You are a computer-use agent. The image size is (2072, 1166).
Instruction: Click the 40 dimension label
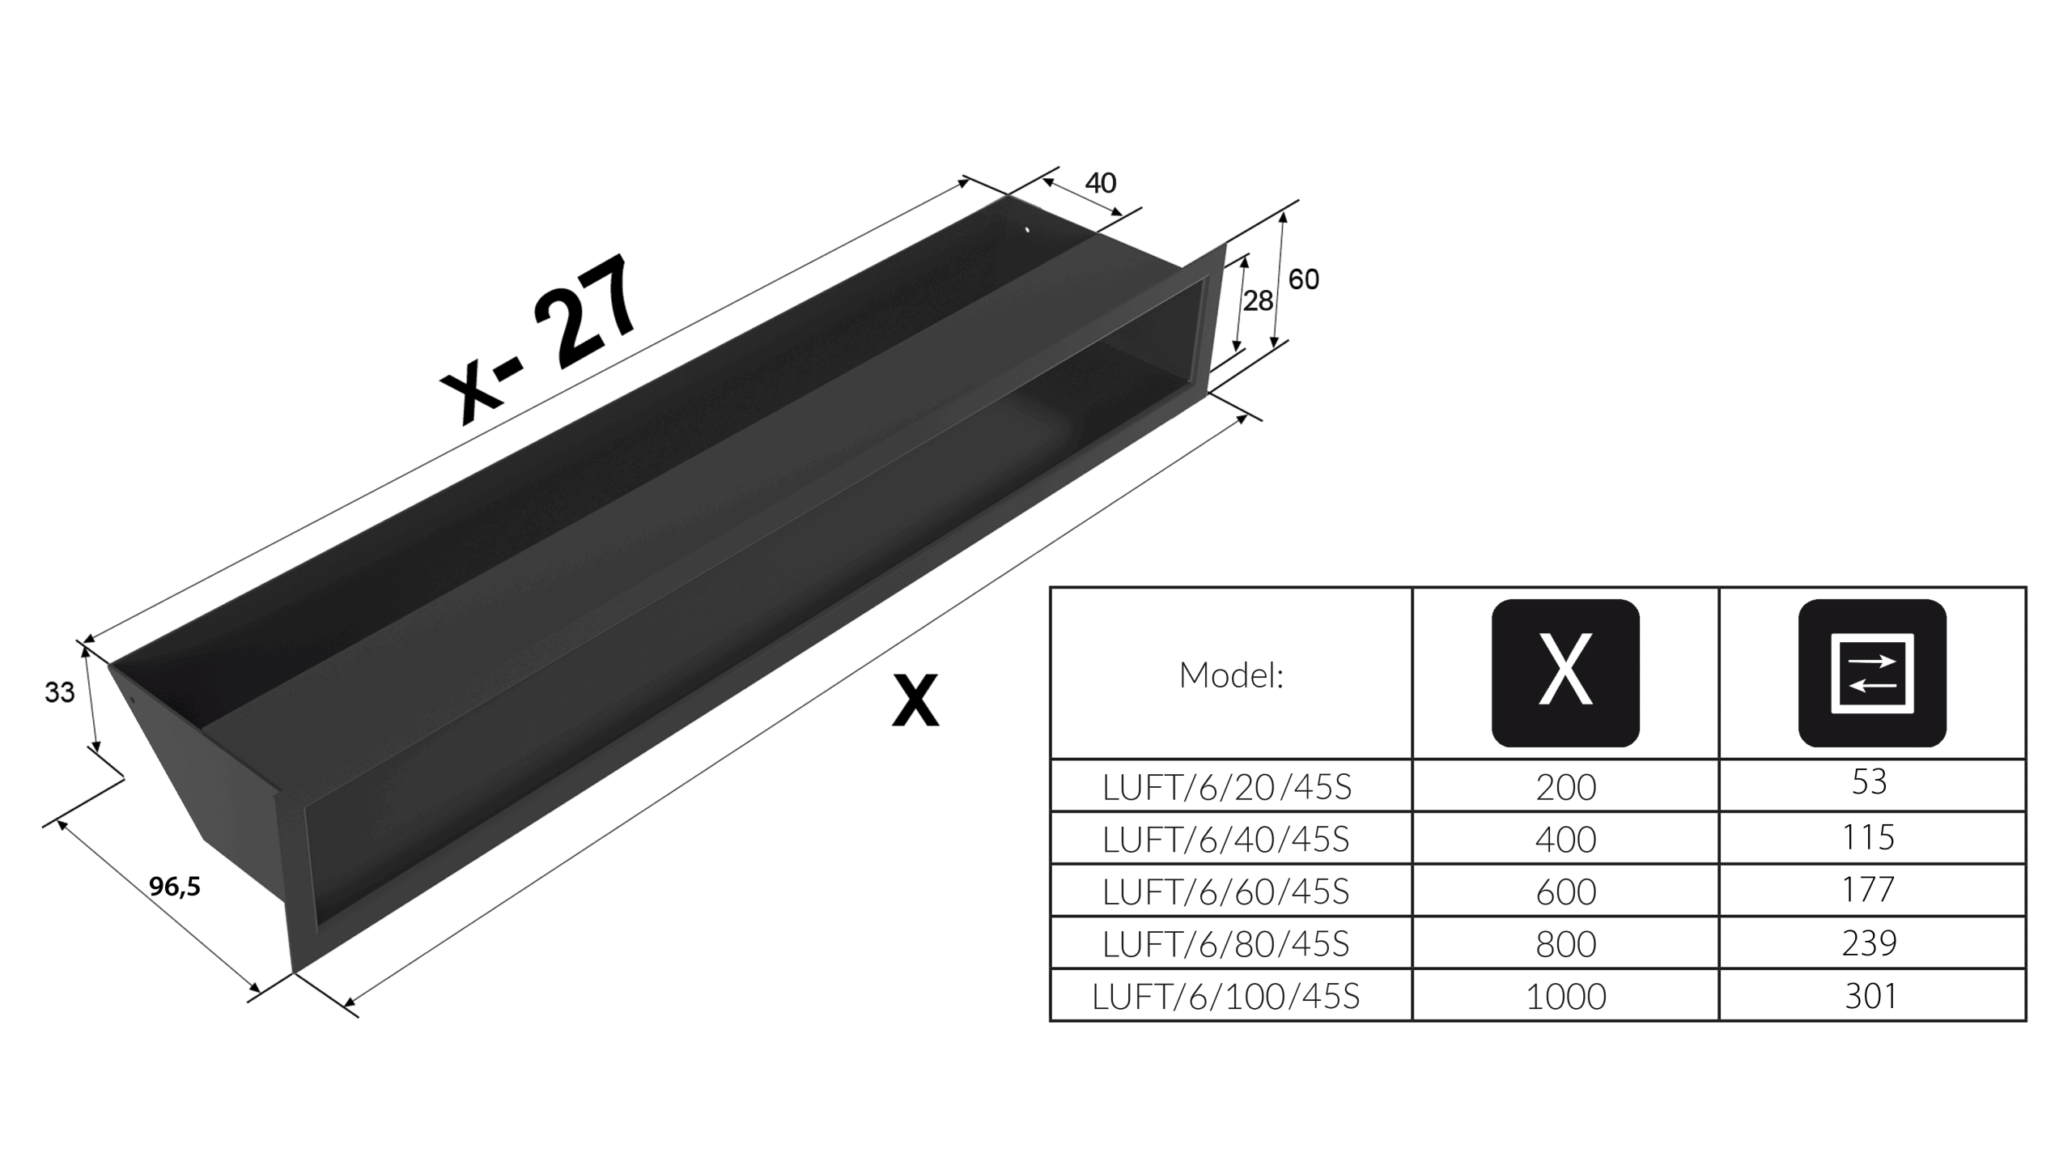(x=1101, y=183)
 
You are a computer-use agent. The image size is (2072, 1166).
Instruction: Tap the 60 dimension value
(x=1304, y=279)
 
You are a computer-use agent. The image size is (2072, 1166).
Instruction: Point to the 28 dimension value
(x=1259, y=301)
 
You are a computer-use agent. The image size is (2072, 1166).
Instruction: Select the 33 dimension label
(x=60, y=692)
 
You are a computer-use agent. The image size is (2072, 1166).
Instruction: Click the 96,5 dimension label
(x=175, y=887)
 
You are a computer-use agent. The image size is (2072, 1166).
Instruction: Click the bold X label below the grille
(x=915, y=700)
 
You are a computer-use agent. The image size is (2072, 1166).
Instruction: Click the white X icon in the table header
(x=1565, y=673)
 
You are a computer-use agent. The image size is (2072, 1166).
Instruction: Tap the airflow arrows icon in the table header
(x=1872, y=673)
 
